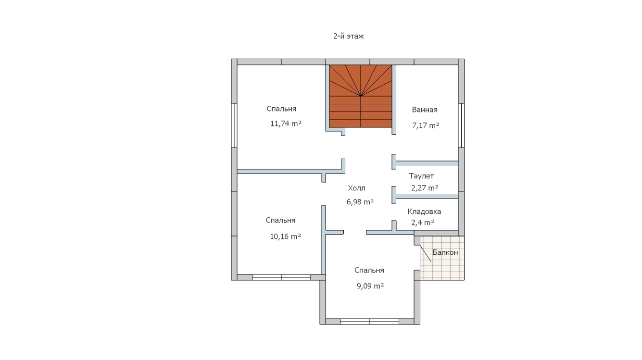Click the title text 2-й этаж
tap(349, 36)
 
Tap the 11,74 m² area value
tap(286, 124)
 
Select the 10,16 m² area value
tap(285, 236)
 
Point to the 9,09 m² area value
tap(370, 286)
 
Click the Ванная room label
tap(425, 110)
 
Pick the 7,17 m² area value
tap(426, 125)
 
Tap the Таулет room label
tap(421, 176)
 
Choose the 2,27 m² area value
tap(425, 188)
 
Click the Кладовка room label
tap(424, 211)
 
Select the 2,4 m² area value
tap(423, 223)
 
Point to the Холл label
tap(356, 188)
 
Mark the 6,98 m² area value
tap(360, 202)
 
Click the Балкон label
tap(445, 252)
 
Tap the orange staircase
tap(361, 96)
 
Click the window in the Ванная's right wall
tap(461, 125)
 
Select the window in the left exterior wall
tap(234, 125)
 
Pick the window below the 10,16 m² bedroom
tap(281, 277)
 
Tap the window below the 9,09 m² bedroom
tap(370, 322)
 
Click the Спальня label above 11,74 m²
tap(281, 109)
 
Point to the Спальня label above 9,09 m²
tap(369, 270)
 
